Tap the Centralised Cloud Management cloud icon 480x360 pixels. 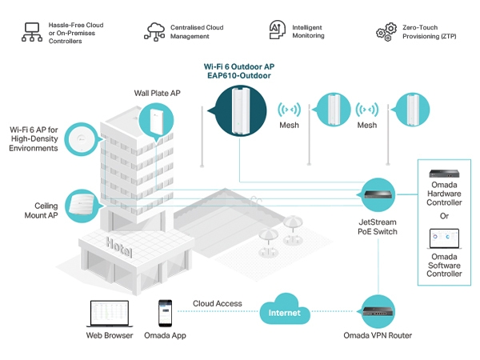coord(154,31)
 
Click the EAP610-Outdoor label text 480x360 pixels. coord(238,76)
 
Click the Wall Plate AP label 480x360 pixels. coord(157,94)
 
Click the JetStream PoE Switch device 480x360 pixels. coord(377,194)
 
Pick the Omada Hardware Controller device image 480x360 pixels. coord(446,174)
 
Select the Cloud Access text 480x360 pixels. coord(217,304)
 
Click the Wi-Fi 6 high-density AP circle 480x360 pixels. coord(82,138)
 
